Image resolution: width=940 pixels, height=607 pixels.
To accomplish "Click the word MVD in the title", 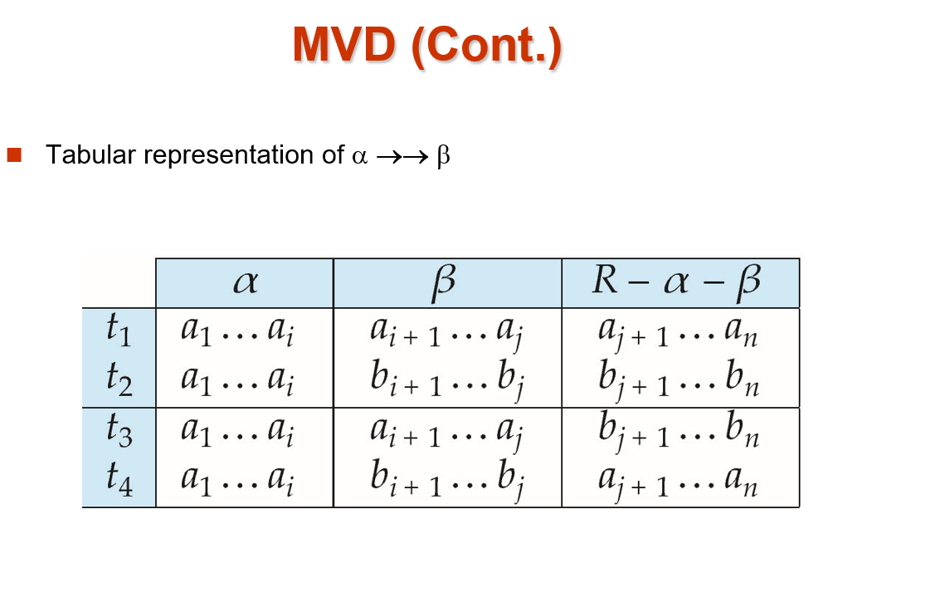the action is pos(344,44).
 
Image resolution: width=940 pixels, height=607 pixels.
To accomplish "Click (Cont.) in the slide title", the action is pos(486,47).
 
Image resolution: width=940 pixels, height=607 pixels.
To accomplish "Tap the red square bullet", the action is pos(14,154).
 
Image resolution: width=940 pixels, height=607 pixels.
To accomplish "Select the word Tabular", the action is pos(90,154).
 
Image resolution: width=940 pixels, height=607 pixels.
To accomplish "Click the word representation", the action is pos(229,155).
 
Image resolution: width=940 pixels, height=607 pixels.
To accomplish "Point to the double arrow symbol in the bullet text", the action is pos(402,157).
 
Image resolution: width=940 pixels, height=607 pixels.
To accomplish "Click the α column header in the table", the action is pos(246,281).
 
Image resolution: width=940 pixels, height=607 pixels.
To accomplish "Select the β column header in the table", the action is pos(444,281).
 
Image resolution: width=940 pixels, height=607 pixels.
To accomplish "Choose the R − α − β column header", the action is pos(676,281).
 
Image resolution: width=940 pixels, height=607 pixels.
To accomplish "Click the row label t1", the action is pos(118,330).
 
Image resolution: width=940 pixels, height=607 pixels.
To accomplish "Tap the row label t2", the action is pos(119,379).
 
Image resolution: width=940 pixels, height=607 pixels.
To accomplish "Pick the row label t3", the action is pos(119,430).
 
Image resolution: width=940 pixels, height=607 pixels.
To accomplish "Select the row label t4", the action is pos(119,480).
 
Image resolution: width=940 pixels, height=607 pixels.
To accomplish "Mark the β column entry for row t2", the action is pos(446,381).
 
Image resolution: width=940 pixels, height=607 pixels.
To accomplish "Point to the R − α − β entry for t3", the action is pos(679,431).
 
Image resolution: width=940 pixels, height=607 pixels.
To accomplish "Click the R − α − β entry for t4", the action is pos(678,482).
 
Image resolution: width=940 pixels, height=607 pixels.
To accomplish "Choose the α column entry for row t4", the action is pos(237,481).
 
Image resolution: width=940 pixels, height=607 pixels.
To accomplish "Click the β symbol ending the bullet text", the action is pos(443,157).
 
